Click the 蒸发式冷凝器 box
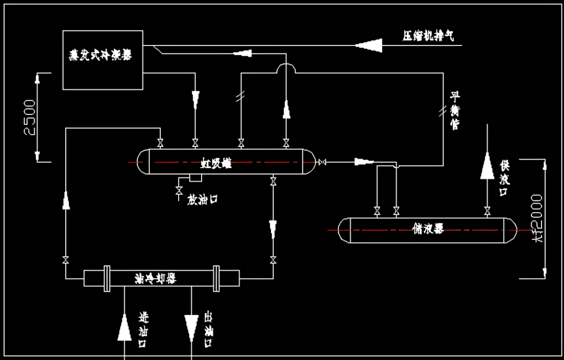pos(103,60)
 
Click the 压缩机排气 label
pos(428,36)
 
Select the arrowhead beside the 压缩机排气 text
pos(369,45)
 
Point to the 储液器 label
pos(428,228)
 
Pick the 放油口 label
pos(202,199)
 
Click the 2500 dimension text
pos(30,117)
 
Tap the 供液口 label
pos(504,178)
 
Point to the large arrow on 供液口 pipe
pos(487,166)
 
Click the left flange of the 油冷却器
pos(107,278)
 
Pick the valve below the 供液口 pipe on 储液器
pos(487,211)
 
